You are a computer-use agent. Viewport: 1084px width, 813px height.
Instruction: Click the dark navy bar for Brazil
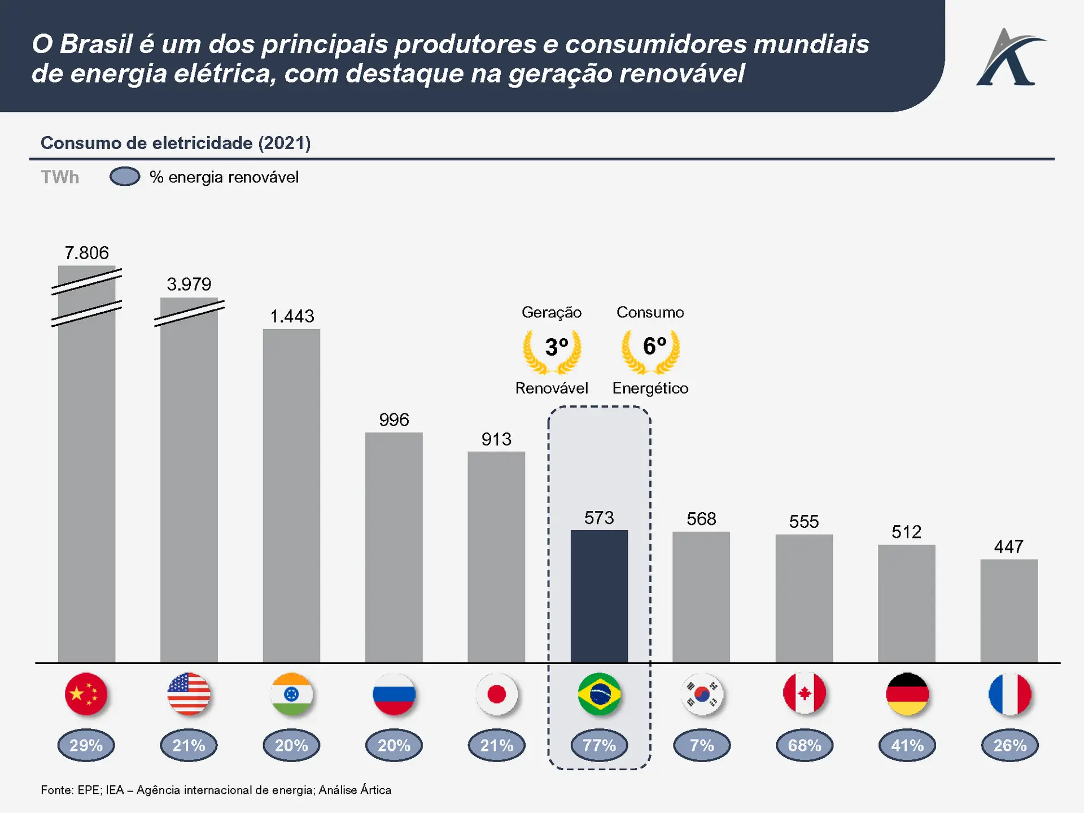pyautogui.click(x=599, y=596)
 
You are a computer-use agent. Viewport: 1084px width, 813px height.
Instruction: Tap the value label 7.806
pyautogui.click(x=86, y=253)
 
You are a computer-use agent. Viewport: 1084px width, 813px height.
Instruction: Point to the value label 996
pyautogui.click(x=394, y=420)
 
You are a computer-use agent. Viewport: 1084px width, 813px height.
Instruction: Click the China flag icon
pyautogui.click(x=86, y=694)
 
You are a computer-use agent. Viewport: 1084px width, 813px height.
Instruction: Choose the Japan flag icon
pyautogui.click(x=496, y=694)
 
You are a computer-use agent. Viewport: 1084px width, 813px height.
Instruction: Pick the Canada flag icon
pyautogui.click(x=804, y=694)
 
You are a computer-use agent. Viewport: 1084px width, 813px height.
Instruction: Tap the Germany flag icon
pyautogui.click(x=907, y=694)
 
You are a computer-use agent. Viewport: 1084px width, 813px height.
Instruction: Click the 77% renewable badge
pyautogui.click(x=599, y=745)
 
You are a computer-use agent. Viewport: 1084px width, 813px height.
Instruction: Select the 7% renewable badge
pyautogui.click(x=702, y=745)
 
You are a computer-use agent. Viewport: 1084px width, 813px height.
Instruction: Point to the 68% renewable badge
pyautogui.click(x=804, y=745)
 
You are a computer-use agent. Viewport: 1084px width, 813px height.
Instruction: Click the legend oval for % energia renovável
pyautogui.click(x=125, y=177)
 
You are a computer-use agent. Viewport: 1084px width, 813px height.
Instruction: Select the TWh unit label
pyautogui.click(x=60, y=177)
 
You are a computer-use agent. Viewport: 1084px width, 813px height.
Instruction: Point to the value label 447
pyautogui.click(x=1009, y=547)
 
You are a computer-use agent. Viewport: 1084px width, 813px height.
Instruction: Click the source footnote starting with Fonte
pyautogui.click(x=216, y=790)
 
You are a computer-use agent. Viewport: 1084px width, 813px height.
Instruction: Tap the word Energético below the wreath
pyautogui.click(x=650, y=388)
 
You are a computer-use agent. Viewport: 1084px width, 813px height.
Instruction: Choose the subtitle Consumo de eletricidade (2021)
pyautogui.click(x=176, y=143)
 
